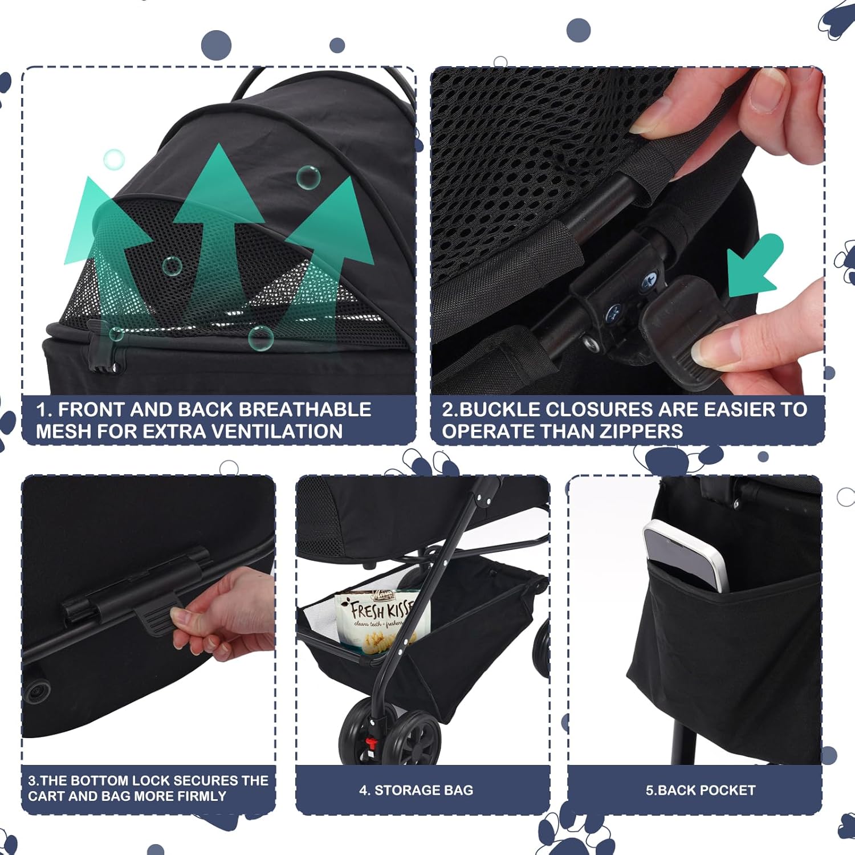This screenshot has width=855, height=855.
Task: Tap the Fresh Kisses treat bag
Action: click(379, 621)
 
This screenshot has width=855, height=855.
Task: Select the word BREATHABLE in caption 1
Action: click(304, 409)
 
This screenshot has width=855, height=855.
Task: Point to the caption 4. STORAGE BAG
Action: click(416, 790)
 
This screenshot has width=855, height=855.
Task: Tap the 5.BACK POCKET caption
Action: click(701, 790)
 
